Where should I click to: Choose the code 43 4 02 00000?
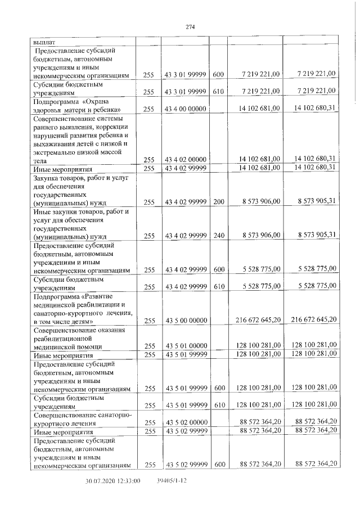coord(186,160)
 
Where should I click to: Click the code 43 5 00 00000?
coord(186,320)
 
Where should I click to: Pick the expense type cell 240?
coord(219,235)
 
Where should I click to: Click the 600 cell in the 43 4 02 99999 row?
coord(219,270)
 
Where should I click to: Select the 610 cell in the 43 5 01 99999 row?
coord(219,405)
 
